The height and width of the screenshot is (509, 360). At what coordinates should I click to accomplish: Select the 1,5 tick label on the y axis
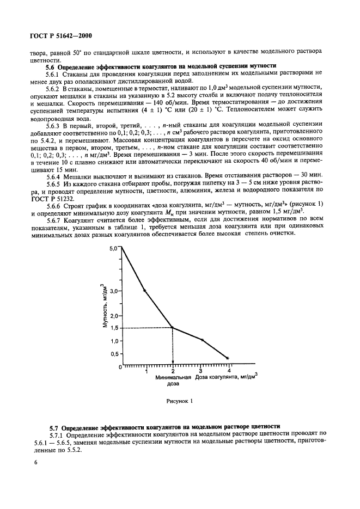click(113, 328)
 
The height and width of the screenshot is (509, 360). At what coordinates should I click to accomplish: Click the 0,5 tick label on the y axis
click(113, 353)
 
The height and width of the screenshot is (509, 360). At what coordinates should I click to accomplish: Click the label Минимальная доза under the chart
click(173, 380)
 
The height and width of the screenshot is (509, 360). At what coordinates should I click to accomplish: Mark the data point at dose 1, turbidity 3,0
click(144, 291)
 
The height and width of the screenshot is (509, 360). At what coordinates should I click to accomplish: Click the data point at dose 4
click(228, 358)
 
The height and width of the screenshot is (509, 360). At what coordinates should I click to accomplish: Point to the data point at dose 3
click(202, 340)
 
